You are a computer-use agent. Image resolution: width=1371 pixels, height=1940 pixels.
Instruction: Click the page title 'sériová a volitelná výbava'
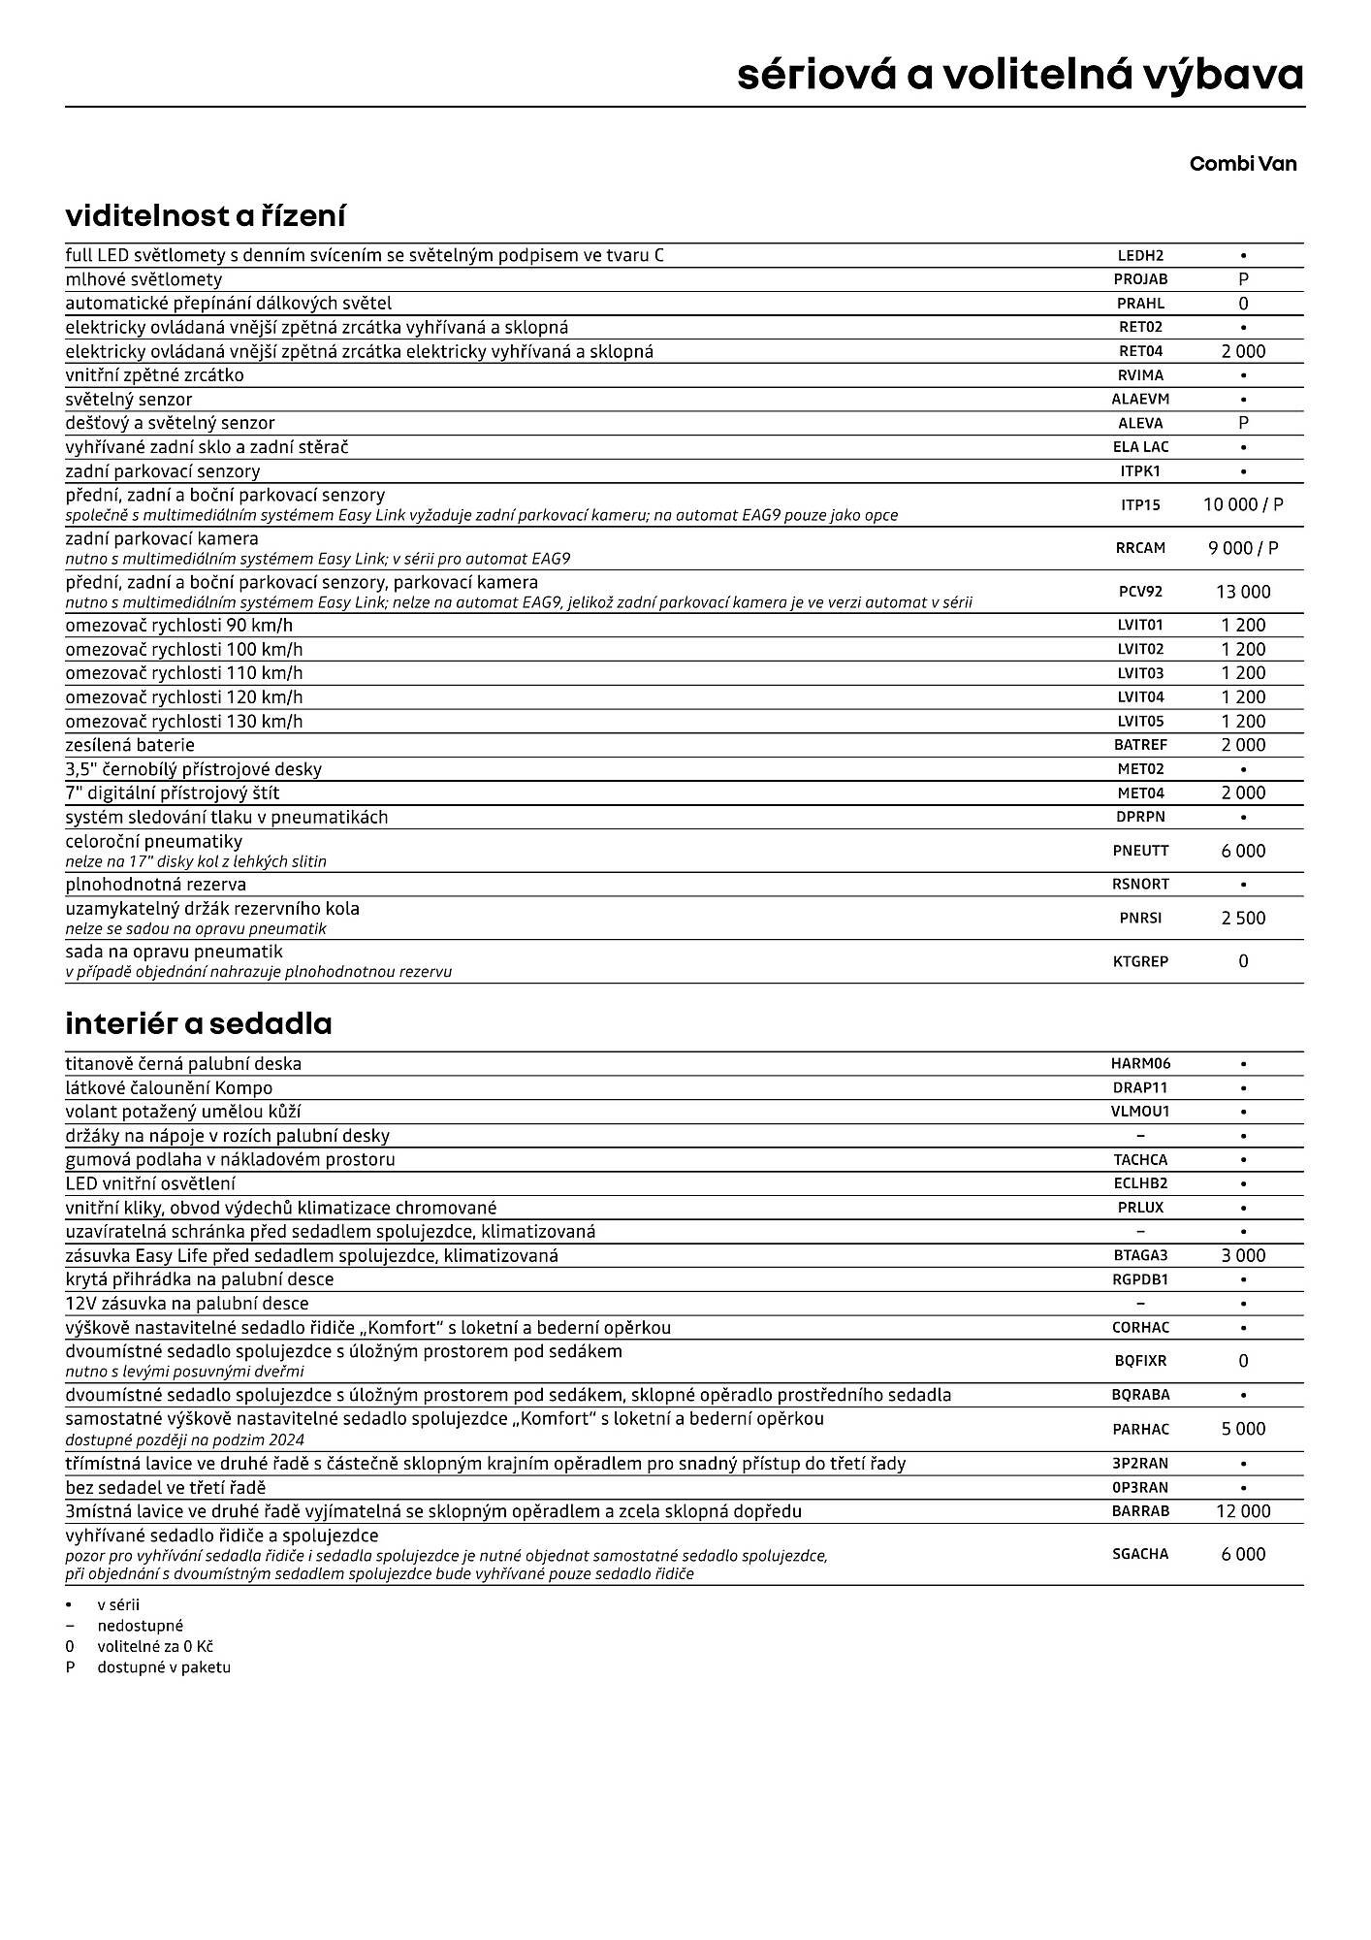(x=1020, y=75)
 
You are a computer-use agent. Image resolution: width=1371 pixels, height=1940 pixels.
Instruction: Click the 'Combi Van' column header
(x=1242, y=163)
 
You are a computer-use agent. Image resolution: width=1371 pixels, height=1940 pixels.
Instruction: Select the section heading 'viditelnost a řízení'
(x=205, y=215)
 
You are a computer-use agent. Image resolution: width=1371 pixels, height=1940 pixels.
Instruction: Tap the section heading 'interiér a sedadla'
(x=198, y=1023)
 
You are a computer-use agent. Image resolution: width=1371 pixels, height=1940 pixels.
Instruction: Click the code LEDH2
(x=1140, y=256)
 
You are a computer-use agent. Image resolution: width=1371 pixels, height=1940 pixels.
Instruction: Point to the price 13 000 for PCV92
(x=1243, y=592)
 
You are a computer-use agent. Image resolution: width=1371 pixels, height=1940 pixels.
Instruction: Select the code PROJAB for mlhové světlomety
(x=1140, y=279)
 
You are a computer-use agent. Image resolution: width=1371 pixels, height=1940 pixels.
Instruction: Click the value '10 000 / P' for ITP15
(x=1243, y=504)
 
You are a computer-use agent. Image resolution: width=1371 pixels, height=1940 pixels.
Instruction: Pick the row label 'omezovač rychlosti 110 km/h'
(x=183, y=673)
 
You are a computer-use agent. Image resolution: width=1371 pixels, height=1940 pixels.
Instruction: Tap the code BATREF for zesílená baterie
(x=1140, y=745)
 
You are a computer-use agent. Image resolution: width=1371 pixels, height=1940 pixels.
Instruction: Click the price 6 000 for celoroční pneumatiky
(x=1243, y=851)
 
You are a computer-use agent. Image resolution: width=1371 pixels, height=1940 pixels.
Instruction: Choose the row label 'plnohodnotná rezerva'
(x=155, y=885)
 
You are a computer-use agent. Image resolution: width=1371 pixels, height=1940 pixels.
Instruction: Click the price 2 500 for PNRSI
(x=1243, y=918)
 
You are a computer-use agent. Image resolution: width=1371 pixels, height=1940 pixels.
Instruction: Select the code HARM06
(x=1140, y=1064)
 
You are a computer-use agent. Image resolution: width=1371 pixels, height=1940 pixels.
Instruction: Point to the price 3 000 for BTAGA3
(x=1243, y=1255)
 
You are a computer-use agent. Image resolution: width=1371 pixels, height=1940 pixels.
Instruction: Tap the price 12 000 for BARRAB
(x=1243, y=1511)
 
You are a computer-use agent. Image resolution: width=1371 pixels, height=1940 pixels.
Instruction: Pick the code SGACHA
(x=1140, y=1554)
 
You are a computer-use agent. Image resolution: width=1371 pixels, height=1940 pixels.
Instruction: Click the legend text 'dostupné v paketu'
(x=163, y=1667)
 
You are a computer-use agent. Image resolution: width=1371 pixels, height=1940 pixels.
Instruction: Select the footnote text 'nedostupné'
(x=140, y=1626)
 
